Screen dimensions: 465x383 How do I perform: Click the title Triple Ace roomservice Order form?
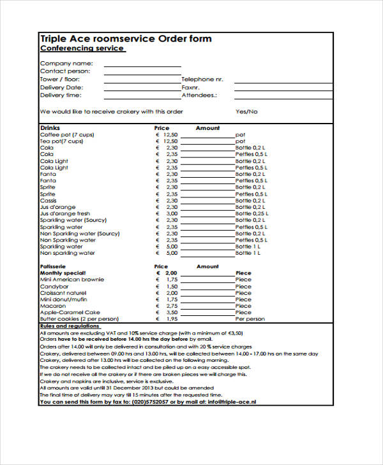pyautogui.click(x=126, y=39)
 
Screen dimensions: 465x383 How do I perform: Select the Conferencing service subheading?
pyautogui.click(x=82, y=48)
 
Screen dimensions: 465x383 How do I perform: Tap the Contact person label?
pyautogui.click(x=65, y=71)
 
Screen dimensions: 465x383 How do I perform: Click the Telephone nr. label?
pyautogui.click(x=202, y=79)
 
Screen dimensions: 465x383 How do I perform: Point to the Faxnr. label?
pyautogui.click(x=191, y=87)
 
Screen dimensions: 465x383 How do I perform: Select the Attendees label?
pyautogui.click(x=199, y=95)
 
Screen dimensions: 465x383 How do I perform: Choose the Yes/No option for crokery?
pyautogui.click(x=246, y=111)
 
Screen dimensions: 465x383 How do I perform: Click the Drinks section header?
pyautogui.click(x=50, y=128)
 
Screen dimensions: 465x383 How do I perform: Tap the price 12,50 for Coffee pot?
pyautogui.click(x=170, y=135)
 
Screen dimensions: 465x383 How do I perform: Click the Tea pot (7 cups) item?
pyautogui.click(x=62, y=141)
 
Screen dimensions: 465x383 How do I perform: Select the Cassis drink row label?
pyautogui.click(x=49, y=201)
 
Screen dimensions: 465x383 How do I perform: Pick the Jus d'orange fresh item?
pyautogui.click(x=65, y=214)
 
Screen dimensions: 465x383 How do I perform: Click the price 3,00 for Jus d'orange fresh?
pyautogui.click(x=171, y=214)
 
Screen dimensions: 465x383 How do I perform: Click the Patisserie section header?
pyautogui.click(x=54, y=266)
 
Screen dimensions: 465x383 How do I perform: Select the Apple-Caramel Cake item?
pyautogui.click(x=70, y=312)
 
